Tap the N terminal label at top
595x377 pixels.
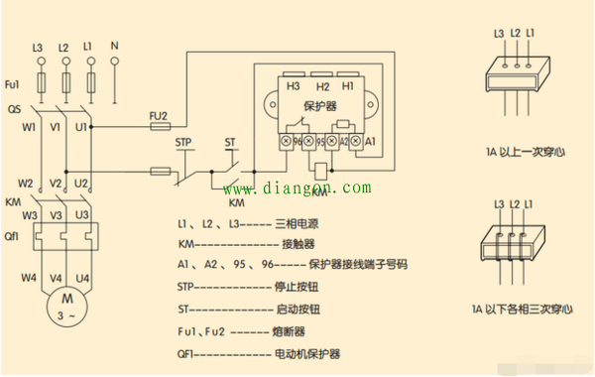pos(114,47)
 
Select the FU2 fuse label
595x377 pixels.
pos(158,115)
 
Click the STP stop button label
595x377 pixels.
pos(183,143)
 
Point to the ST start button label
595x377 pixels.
pos(231,143)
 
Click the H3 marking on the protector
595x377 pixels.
pos(293,86)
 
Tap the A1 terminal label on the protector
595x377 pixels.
pos(371,142)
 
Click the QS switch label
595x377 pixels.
pos(14,109)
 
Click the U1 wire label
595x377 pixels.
pos(82,127)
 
